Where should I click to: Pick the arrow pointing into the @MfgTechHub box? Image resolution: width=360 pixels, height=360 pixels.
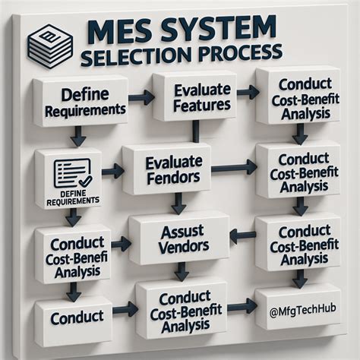[x=242, y=307]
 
